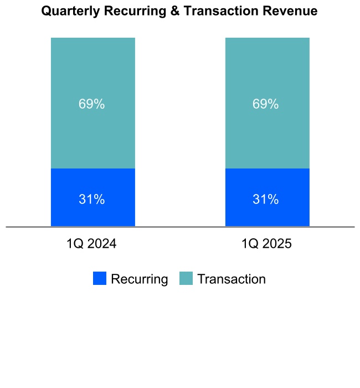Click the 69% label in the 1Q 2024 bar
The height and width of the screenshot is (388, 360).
(x=92, y=104)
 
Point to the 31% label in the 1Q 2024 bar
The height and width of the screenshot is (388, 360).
(x=92, y=200)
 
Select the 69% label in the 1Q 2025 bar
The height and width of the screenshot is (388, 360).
(x=266, y=104)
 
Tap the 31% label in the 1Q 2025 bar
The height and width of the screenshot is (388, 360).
(x=266, y=200)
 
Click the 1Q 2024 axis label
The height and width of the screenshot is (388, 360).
(x=91, y=244)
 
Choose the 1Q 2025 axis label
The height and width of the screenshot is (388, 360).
(x=266, y=244)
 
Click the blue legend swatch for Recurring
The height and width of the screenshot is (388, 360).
(x=100, y=279)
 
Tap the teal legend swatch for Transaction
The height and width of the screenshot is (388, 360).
(x=186, y=279)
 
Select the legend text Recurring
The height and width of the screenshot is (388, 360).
(x=139, y=279)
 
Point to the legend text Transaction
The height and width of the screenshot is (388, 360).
(x=232, y=279)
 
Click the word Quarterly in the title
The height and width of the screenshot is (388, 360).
(x=69, y=11)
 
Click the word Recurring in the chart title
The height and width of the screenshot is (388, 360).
(x=136, y=11)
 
